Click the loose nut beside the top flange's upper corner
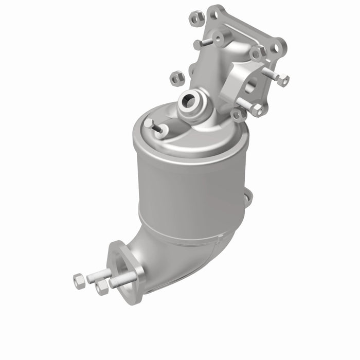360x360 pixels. [197, 19]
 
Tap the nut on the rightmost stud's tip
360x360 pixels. [283, 80]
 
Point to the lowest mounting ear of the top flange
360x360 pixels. [237, 114]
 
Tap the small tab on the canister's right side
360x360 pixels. [248, 197]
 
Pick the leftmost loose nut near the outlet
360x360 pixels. [79, 281]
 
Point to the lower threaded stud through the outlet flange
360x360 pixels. [123, 280]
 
